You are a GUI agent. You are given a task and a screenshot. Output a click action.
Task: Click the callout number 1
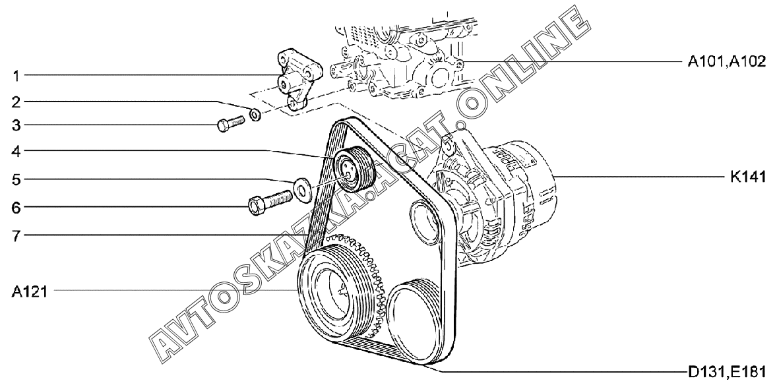tap(16, 76)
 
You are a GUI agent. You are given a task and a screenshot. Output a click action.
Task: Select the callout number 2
tap(16, 103)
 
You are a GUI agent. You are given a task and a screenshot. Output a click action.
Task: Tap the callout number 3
tap(16, 125)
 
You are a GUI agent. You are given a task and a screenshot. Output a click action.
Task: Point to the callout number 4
tap(16, 151)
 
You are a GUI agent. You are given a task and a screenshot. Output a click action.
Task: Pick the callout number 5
tap(16, 179)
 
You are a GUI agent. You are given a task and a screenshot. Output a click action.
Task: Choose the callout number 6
tap(16, 207)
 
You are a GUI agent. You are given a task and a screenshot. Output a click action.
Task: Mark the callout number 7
tap(16, 235)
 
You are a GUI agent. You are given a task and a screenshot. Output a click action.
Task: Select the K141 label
tap(748, 177)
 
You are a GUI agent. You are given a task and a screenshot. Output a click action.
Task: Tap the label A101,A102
tap(727, 62)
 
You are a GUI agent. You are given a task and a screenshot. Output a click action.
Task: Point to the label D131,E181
tap(727, 371)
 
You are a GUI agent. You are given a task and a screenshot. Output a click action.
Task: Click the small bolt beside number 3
tap(231, 123)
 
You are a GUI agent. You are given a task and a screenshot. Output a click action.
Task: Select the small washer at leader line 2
tap(255, 115)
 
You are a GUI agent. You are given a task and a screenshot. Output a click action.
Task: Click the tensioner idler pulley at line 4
tap(354, 169)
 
